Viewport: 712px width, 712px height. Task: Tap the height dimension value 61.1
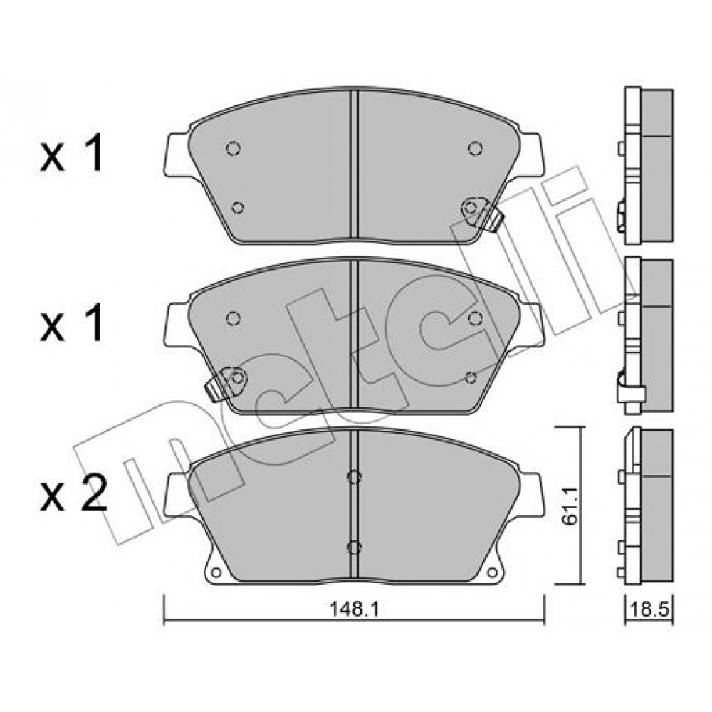tap(570, 506)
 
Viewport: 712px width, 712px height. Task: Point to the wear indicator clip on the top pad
tap(482, 212)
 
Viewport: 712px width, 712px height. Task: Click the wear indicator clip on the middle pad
tap(226, 383)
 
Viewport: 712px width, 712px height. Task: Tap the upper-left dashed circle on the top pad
tap(233, 149)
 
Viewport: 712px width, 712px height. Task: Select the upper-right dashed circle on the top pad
tap(476, 148)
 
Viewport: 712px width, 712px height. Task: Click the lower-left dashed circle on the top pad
tap(238, 207)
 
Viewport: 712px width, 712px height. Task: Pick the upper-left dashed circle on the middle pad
tap(233, 318)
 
